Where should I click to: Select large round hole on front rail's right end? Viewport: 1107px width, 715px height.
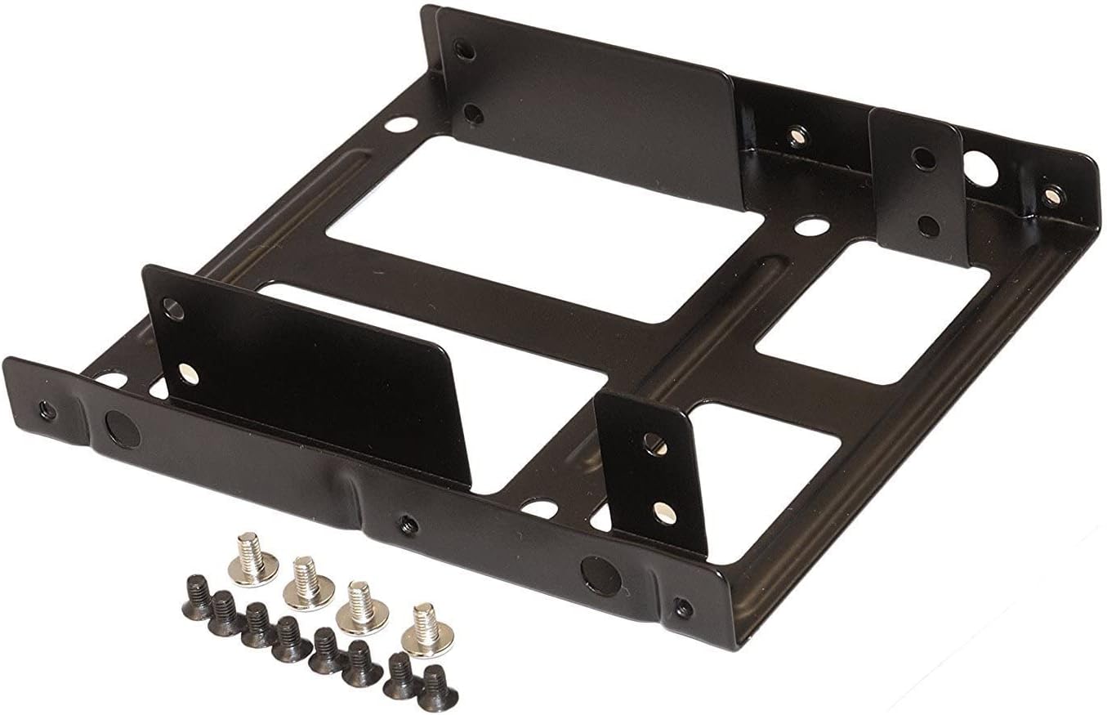601,574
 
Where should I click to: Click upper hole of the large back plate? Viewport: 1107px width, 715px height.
466,51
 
